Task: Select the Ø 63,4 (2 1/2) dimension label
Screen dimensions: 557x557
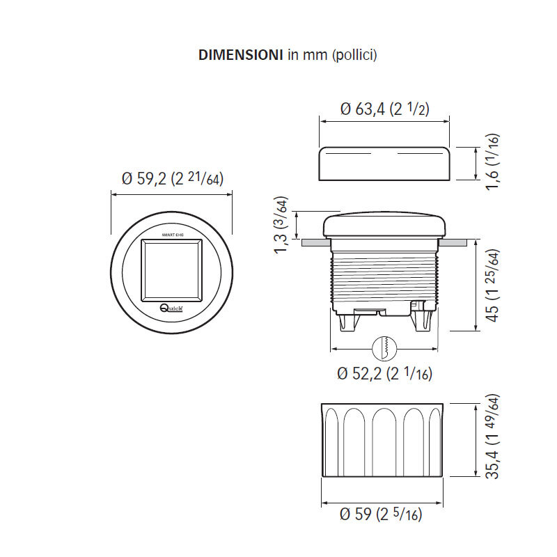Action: point(384,109)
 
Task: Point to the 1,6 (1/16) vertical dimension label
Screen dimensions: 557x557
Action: point(494,164)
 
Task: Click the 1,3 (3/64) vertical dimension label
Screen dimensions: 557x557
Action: point(281,226)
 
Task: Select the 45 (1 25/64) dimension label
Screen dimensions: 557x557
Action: point(492,285)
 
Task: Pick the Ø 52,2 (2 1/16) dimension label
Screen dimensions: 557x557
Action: point(384,374)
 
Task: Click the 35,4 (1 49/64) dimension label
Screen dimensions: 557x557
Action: point(494,437)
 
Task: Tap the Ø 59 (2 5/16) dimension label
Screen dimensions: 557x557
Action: point(380,515)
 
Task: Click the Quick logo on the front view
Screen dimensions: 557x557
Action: point(171,308)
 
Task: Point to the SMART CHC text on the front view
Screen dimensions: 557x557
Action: point(172,235)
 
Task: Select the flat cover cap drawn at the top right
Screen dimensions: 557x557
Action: point(384,163)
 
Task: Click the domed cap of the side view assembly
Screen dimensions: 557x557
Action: point(384,226)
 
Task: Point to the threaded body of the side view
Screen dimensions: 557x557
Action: point(384,275)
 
